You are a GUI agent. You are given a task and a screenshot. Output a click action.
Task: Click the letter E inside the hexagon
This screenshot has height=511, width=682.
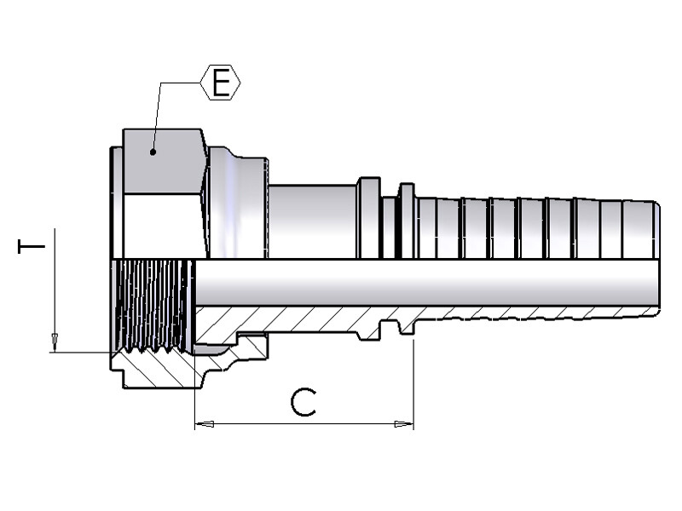221,83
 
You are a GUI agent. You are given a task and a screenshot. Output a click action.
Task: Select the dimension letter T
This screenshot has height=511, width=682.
32,247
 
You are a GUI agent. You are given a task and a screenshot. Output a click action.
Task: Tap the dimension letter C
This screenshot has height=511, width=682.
303,402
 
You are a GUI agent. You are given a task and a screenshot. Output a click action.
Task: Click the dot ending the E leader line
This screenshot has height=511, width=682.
153,152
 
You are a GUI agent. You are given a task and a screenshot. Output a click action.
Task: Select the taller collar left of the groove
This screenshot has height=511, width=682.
368,217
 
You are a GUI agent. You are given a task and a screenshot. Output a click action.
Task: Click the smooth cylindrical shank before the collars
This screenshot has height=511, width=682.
312,221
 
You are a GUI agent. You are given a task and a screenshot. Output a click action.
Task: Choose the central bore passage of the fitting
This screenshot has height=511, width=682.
426,283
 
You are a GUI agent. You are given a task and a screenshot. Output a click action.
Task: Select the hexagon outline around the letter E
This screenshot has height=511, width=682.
205,83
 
